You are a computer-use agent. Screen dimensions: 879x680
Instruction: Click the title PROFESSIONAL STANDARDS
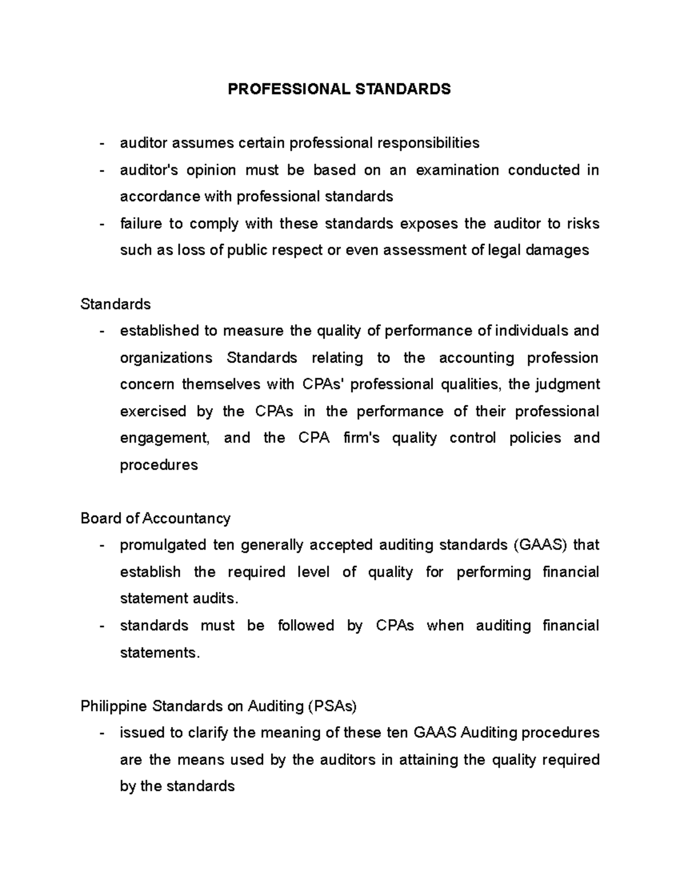tap(339, 89)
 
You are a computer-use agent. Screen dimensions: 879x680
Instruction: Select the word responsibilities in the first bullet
tap(429, 143)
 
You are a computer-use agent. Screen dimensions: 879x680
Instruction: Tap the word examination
tap(457, 170)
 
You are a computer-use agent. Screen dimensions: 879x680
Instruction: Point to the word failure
tap(141, 224)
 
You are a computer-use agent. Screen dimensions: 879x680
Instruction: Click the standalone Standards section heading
tap(116, 304)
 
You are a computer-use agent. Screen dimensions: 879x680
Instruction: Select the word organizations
tap(166, 358)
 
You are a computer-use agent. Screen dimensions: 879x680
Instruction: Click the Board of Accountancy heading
tap(155, 518)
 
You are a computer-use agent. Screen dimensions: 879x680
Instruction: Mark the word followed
tap(305, 625)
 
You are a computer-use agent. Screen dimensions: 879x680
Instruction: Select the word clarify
tap(206, 733)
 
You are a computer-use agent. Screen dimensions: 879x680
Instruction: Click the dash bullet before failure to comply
tap(101, 224)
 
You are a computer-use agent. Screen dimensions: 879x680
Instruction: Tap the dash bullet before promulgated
tap(101, 546)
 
